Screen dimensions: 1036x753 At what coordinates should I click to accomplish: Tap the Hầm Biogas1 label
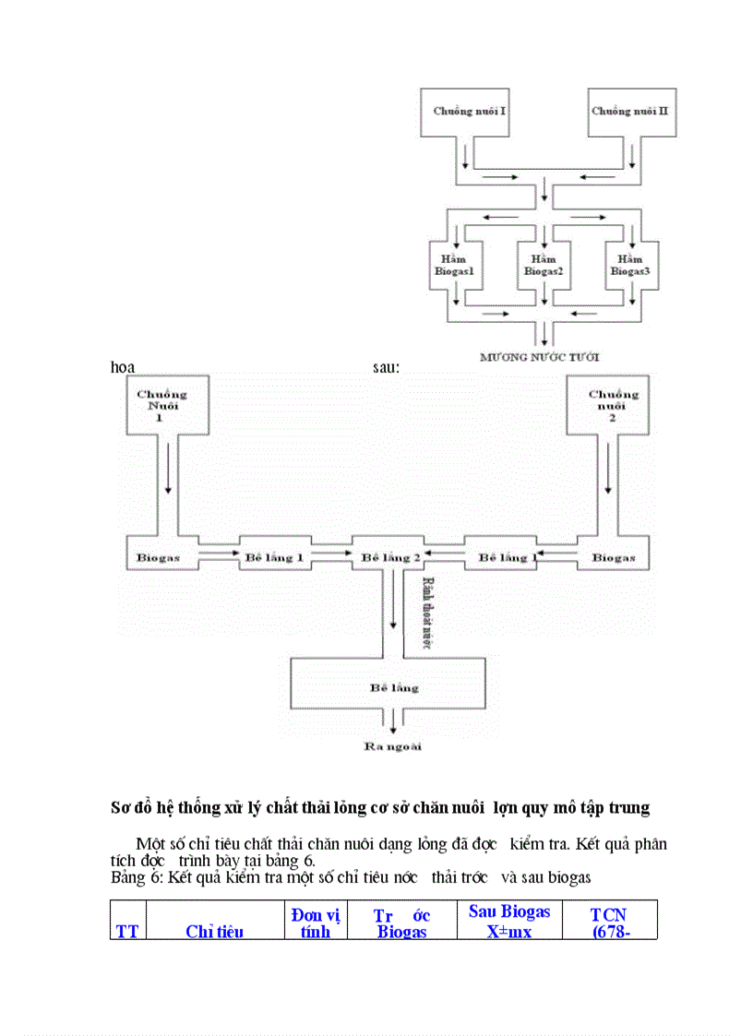[x=454, y=266]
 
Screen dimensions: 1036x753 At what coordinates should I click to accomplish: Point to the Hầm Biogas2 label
[x=544, y=266]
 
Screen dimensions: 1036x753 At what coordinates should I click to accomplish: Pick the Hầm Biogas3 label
[x=631, y=266]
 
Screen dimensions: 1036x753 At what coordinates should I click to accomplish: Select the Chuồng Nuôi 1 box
[x=162, y=404]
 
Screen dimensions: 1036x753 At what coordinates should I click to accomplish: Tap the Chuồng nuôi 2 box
[x=614, y=404]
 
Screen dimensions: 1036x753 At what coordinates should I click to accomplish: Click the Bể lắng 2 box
[x=390, y=557]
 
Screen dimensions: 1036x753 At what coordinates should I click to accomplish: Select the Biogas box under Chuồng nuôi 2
[x=614, y=557]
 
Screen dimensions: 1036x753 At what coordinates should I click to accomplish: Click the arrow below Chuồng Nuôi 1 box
[x=168, y=481]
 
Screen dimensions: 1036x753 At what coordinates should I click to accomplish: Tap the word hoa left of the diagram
[x=123, y=367]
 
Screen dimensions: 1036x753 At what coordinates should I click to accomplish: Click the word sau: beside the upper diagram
[x=386, y=367]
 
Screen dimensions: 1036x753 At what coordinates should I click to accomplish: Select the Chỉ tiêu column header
[x=214, y=931]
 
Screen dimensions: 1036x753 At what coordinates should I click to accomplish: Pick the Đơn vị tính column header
[x=315, y=923]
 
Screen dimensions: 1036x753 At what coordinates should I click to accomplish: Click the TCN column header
[x=609, y=923]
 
